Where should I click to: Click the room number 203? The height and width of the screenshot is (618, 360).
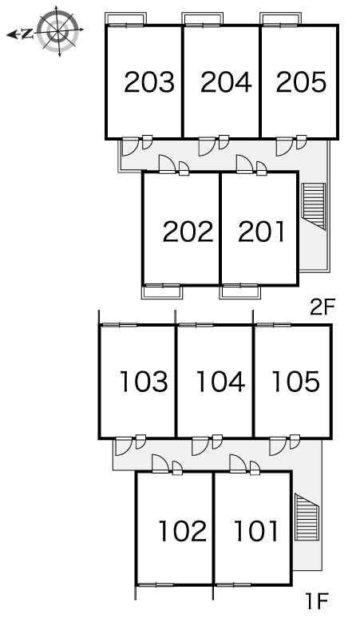click(149, 82)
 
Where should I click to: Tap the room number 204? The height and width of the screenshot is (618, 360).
click(226, 82)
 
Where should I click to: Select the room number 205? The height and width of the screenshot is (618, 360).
click(301, 82)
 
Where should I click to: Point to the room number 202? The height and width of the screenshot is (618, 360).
click(188, 232)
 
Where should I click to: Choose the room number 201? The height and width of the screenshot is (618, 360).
click(262, 232)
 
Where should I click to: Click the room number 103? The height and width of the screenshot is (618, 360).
click(144, 381)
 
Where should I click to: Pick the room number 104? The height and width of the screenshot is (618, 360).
click(220, 381)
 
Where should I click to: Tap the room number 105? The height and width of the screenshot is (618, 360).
click(296, 381)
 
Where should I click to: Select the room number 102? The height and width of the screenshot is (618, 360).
click(182, 530)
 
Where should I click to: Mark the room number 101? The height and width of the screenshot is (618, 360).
click(256, 530)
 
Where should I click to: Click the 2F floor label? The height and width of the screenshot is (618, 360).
click(322, 308)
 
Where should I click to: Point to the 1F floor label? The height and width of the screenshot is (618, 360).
click(317, 601)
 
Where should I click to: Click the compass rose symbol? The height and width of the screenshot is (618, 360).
click(58, 31)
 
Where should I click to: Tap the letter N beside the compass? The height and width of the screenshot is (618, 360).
click(27, 34)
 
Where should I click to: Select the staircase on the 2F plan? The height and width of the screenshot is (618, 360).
click(314, 206)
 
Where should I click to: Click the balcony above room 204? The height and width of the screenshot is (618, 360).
click(203, 18)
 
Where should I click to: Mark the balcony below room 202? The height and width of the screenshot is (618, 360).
click(162, 291)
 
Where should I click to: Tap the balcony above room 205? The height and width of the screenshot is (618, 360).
click(280, 18)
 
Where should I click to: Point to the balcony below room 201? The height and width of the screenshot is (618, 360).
click(240, 291)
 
